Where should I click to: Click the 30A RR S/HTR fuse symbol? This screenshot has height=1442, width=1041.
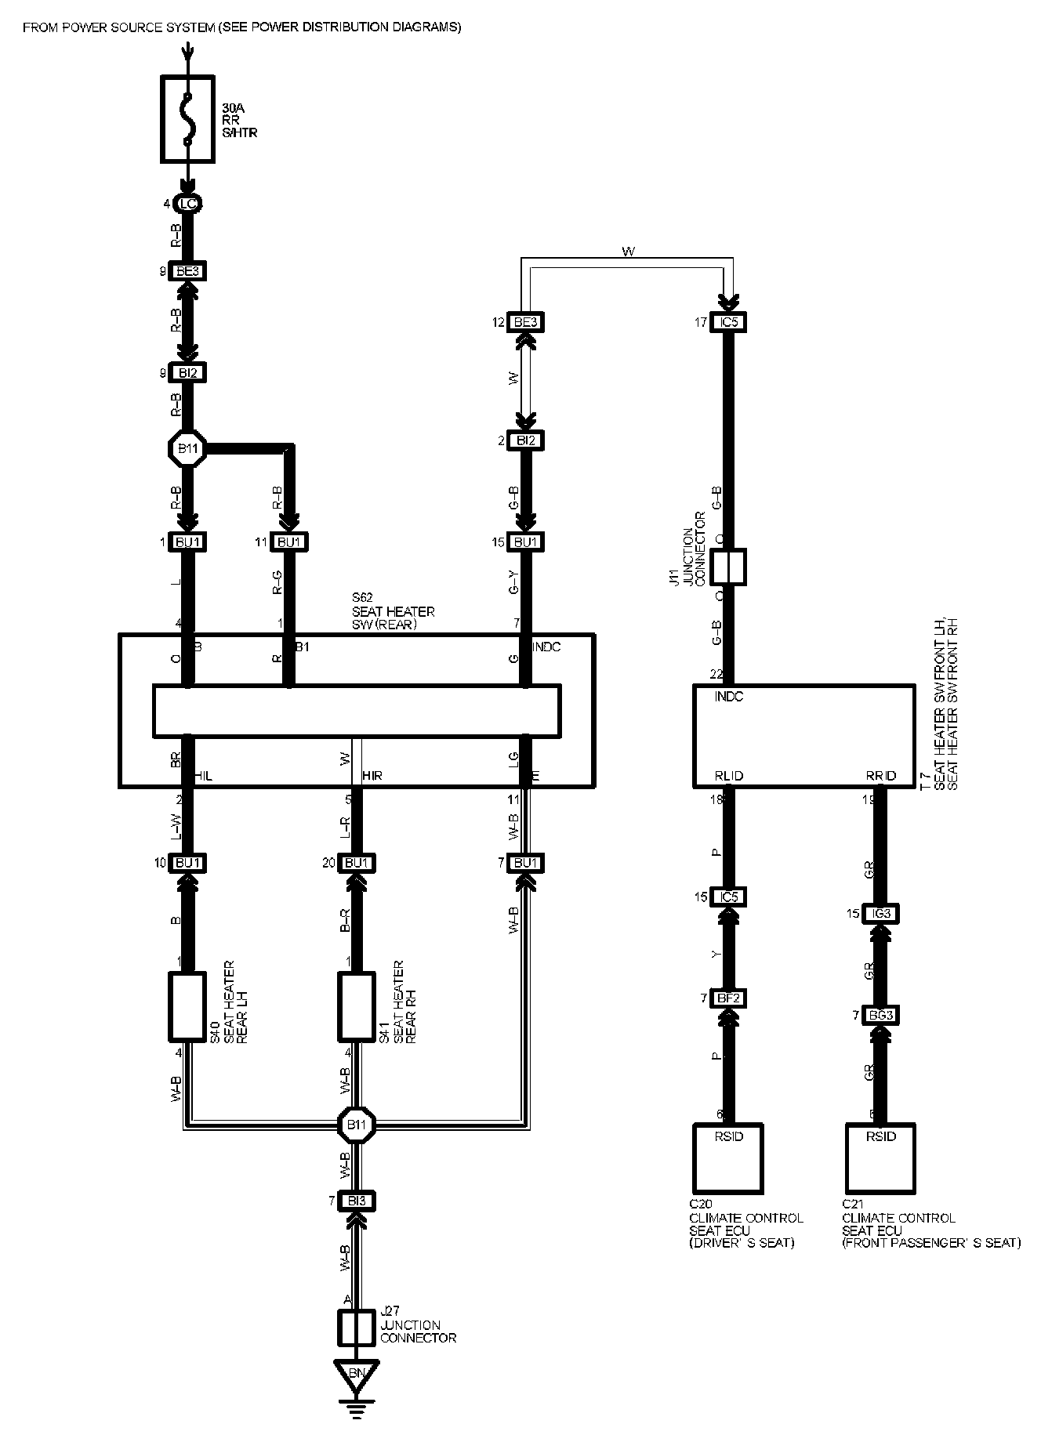click(187, 119)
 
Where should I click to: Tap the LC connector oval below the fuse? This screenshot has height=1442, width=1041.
click(187, 205)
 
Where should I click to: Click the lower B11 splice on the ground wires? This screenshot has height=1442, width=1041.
click(357, 1125)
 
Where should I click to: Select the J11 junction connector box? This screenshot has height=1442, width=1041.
click(728, 567)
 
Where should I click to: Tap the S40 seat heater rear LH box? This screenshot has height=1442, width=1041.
click(187, 1006)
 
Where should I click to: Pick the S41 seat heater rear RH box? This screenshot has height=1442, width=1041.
click(357, 1006)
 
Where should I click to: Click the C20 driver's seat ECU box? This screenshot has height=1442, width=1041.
click(728, 1158)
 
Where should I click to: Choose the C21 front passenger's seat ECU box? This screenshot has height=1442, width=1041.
click(881, 1158)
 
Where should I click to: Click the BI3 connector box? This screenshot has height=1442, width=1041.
click(357, 1201)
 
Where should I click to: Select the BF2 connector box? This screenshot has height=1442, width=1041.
click(728, 998)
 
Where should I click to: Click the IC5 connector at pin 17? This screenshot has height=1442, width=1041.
click(728, 322)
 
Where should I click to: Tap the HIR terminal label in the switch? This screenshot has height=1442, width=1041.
click(372, 776)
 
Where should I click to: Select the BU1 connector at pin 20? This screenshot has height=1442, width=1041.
click(357, 863)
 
